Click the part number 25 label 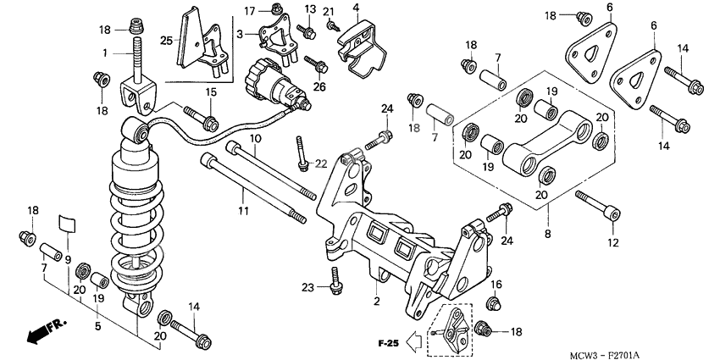(x=166, y=41)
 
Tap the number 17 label (x=250, y=10)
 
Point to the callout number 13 (x=309, y=8)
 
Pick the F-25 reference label (x=388, y=343)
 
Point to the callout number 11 (x=243, y=209)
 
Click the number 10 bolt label (x=254, y=138)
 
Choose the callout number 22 (x=320, y=163)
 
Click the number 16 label (x=497, y=284)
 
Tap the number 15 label (x=211, y=91)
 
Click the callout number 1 (x=104, y=53)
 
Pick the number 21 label (x=329, y=11)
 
